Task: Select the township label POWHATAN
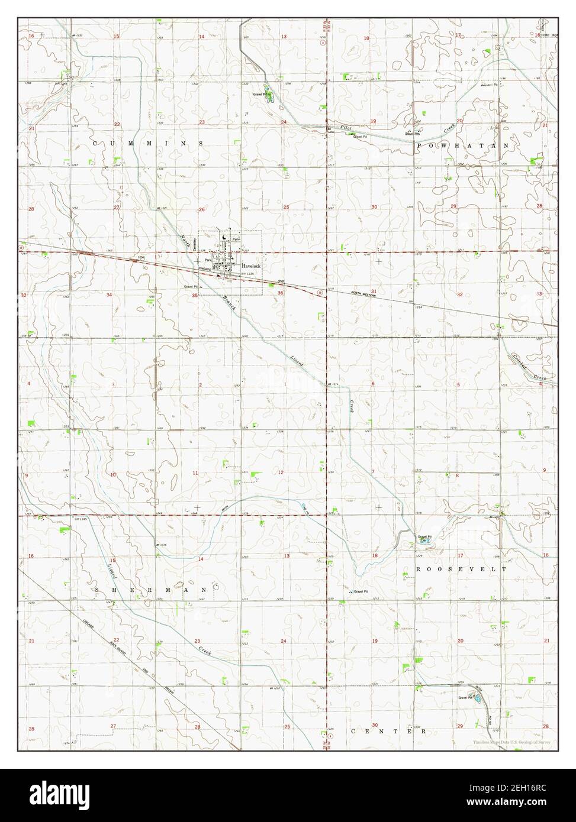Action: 463,145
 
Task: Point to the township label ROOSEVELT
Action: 462,568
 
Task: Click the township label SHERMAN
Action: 150,590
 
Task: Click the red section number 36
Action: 280,293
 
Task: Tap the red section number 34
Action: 109,294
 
